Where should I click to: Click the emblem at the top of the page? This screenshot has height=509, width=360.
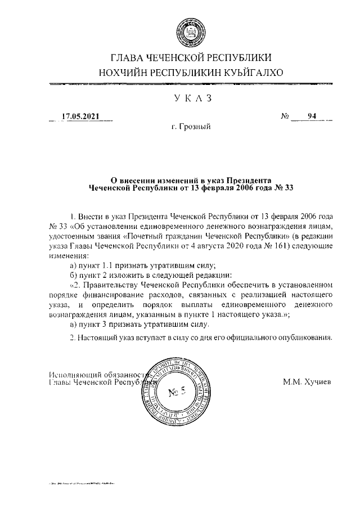(191, 30)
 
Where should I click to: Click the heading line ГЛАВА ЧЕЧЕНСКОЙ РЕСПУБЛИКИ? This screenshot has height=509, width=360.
(191, 58)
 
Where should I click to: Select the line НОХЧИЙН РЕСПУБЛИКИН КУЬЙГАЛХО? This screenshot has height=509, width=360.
(191, 73)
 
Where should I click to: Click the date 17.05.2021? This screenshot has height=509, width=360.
(80, 116)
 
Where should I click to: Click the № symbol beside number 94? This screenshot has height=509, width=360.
(285, 117)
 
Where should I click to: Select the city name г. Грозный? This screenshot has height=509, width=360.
(191, 127)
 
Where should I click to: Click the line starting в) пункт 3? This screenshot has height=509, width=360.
(138, 325)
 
